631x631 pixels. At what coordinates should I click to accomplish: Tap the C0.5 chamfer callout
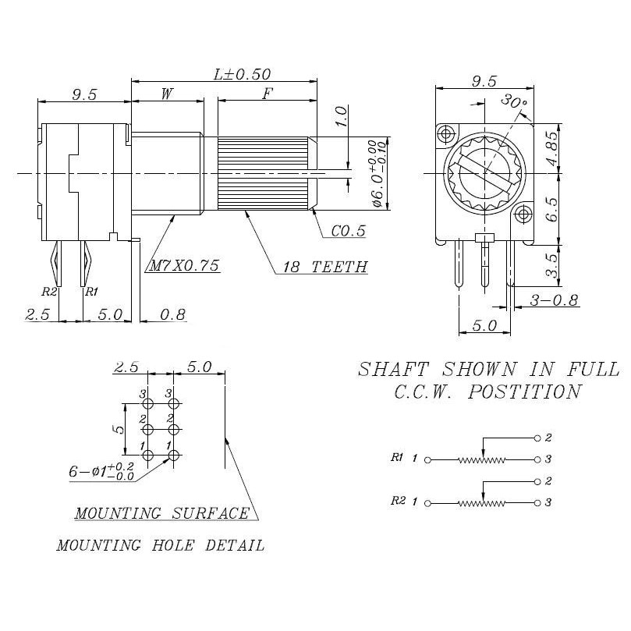pos(349,232)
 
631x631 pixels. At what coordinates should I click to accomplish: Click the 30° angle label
pos(515,101)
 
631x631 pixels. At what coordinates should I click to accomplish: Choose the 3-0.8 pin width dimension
pos(553,300)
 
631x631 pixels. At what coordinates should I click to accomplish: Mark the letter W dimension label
pos(167,94)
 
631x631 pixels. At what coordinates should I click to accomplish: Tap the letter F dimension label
pos(268,94)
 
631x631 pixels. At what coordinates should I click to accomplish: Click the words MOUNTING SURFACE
pos(161,513)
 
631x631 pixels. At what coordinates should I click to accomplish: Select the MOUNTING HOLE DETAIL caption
pos(160,545)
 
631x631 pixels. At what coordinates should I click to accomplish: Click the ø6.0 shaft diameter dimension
pos(377,174)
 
